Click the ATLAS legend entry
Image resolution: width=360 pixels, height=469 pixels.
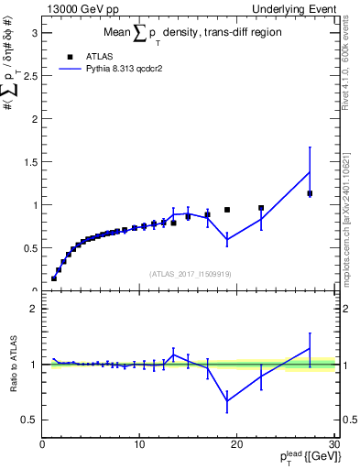tap(99, 56)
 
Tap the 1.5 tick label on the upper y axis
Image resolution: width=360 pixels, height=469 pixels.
tap(27, 162)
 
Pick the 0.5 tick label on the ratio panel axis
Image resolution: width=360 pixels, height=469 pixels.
tap(27, 420)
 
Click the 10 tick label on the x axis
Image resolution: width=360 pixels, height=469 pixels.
tap(139, 445)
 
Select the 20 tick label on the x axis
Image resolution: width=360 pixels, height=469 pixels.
tap(236, 445)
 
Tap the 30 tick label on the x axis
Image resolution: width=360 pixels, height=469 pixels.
tap(333, 445)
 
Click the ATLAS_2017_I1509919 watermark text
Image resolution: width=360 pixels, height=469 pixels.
tap(190, 274)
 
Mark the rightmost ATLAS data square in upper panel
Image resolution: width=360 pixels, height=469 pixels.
tap(310, 193)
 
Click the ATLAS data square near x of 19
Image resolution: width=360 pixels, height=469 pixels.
tap(227, 210)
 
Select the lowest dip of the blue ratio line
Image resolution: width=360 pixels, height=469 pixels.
tap(227, 400)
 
